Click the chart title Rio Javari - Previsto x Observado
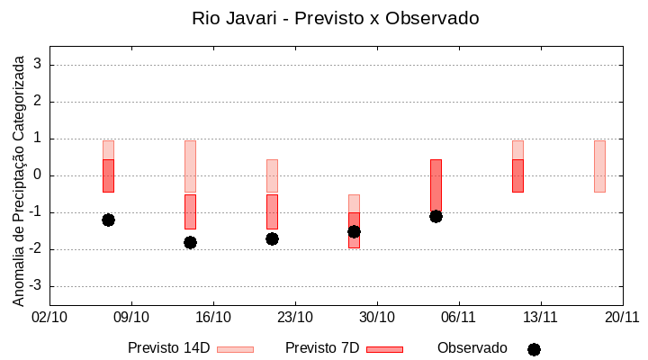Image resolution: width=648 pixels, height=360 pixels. (x=335, y=18)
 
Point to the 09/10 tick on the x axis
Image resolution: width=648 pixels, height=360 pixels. (x=131, y=317)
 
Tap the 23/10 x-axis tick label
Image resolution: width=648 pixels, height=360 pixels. (x=295, y=317)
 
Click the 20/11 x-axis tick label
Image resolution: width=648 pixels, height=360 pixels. (x=622, y=317)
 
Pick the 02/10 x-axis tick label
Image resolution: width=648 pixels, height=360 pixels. (x=49, y=317)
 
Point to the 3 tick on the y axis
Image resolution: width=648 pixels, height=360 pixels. (x=38, y=65)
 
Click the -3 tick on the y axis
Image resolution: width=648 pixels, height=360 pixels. (x=35, y=286)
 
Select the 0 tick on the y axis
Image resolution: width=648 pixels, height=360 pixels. (x=38, y=175)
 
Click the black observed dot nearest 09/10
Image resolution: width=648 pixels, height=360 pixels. (x=108, y=220)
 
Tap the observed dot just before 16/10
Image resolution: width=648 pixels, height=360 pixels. (x=190, y=242)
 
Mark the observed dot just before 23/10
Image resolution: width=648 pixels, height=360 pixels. (x=272, y=238)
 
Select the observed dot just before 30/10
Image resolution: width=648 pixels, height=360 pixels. (x=354, y=231)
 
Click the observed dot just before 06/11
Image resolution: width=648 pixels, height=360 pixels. (x=436, y=216)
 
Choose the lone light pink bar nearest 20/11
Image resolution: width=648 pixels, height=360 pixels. (x=599, y=166)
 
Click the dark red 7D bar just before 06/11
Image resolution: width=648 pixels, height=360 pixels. (x=436, y=185)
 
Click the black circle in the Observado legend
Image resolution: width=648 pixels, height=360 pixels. (x=534, y=349)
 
